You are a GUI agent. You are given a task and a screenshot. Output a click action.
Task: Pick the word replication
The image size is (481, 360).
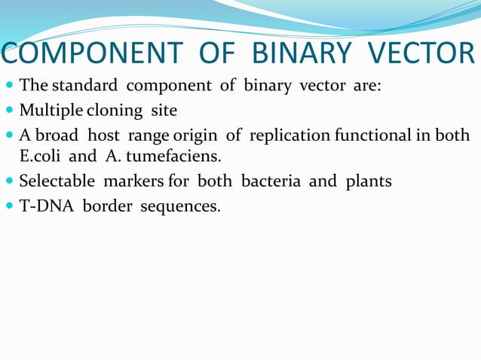coord(290,136)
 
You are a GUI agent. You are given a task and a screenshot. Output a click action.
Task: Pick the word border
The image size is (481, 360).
coord(106,205)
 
